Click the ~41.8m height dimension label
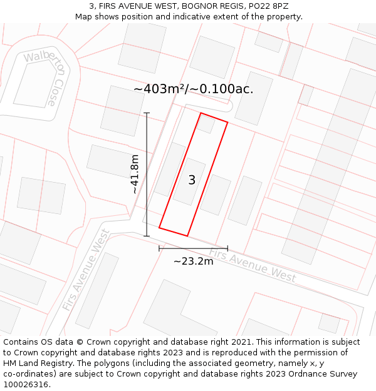(x=135, y=175)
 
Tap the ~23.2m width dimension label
(x=193, y=261)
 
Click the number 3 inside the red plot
(x=192, y=180)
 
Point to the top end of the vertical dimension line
(x=147, y=113)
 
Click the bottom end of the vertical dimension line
(x=147, y=236)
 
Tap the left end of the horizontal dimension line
(x=159, y=248)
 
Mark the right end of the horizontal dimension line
(x=227, y=248)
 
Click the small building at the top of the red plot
(x=207, y=124)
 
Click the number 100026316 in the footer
(x=24, y=385)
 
